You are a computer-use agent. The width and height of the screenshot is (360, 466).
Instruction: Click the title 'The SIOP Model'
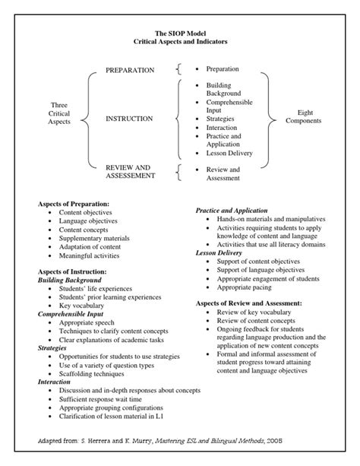click(x=180, y=33)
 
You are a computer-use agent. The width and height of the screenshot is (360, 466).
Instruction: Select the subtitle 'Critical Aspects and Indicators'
click(x=180, y=42)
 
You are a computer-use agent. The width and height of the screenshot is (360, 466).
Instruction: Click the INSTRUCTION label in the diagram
click(x=129, y=119)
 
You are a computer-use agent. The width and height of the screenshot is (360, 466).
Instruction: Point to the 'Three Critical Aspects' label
click(x=59, y=113)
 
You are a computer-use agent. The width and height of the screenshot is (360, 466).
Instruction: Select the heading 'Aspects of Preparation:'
click(x=74, y=204)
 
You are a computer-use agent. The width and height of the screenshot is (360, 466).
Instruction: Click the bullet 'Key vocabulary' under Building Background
click(x=88, y=306)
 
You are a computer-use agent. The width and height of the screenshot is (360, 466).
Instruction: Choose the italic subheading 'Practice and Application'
click(x=232, y=210)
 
